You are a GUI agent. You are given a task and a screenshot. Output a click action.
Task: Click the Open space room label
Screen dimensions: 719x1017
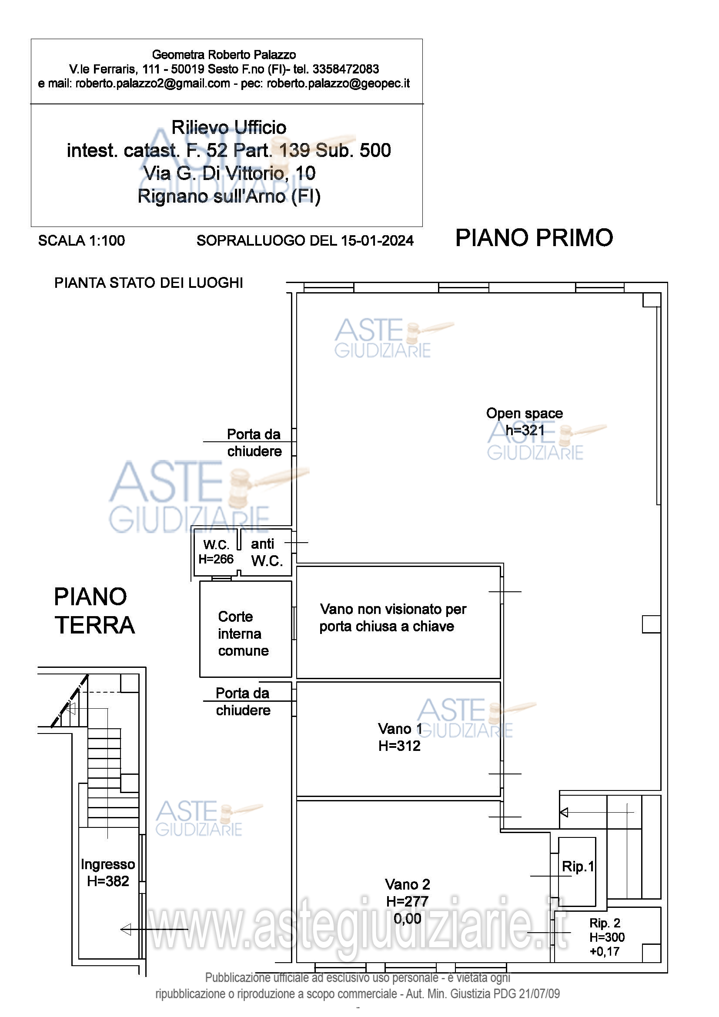click(525, 413)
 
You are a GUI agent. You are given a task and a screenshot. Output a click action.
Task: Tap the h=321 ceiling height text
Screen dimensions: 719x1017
click(525, 430)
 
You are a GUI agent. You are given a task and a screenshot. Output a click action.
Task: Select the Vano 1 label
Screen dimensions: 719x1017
click(400, 729)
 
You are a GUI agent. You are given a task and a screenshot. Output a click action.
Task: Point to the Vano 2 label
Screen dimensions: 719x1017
click(408, 884)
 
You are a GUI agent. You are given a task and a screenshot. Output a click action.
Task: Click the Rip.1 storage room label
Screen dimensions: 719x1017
click(578, 867)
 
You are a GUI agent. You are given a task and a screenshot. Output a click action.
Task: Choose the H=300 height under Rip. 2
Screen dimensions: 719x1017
click(607, 937)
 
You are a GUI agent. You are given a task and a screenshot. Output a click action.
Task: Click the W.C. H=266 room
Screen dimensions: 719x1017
click(216, 552)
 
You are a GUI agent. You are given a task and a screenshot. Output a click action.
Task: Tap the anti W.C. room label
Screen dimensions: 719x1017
click(267, 552)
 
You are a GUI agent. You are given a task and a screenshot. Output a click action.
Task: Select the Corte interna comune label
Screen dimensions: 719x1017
click(243, 634)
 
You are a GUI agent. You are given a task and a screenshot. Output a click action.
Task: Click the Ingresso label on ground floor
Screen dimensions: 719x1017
click(107, 864)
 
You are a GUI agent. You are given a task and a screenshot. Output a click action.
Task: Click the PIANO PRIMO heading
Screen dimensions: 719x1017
click(534, 238)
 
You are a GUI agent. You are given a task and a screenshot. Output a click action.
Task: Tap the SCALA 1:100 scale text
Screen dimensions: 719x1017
click(81, 240)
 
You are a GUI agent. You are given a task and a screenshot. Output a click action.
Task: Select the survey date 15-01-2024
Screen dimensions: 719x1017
click(377, 240)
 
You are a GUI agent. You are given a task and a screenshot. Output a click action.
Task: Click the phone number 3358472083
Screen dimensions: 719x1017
click(345, 69)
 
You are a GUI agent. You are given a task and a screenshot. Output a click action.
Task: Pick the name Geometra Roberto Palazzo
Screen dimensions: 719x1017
click(224, 54)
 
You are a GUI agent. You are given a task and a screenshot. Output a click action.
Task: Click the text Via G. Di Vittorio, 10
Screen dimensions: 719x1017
click(230, 173)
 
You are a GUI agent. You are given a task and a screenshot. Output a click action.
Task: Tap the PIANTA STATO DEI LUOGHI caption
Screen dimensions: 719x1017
click(149, 283)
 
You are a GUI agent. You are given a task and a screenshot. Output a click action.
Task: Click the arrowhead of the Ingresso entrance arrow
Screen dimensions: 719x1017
click(126, 929)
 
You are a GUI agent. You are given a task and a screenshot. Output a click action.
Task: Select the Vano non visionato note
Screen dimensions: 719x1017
click(393, 617)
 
